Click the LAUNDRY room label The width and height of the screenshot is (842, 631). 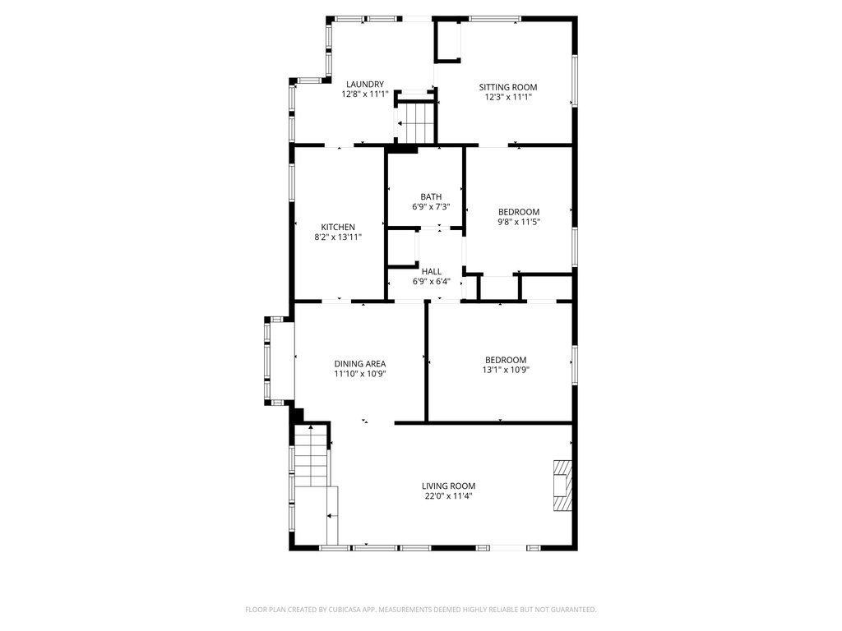pyautogui.click(x=364, y=85)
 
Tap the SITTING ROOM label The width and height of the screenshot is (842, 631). pyautogui.click(x=508, y=87)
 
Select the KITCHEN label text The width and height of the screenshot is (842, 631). pyautogui.click(x=338, y=227)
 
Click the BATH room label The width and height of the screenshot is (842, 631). pyautogui.click(x=431, y=197)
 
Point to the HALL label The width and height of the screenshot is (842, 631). pyautogui.click(x=431, y=271)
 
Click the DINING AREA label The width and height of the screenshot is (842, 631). pyautogui.click(x=360, y=364)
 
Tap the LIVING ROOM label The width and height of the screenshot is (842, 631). pyautogui.click(x=448, y=486)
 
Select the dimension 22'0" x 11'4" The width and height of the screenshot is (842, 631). pyautogui.click(x=448, y=496)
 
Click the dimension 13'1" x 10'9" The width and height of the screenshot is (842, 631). pyautogui.click(x=506, y=370)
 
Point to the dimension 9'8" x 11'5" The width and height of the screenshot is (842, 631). pyautogui.click(x=519, y=222)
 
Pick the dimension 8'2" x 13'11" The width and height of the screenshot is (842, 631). pyautogui.click(x=338, y=237)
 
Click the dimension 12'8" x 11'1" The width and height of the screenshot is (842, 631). pyautogui.click(x=364, y=94)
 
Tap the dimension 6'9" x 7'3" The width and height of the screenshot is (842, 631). pyautogui.click(x=431, y=206)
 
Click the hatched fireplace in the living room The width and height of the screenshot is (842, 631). pyautogui.click(x=562, y=485)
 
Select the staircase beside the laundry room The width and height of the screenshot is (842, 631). pyautogui.click(x=415, y=122)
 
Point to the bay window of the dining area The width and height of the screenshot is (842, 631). pyautogui.click(x=280, y=361)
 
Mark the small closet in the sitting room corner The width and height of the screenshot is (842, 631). pyautogui.click(x=448, y=41)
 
